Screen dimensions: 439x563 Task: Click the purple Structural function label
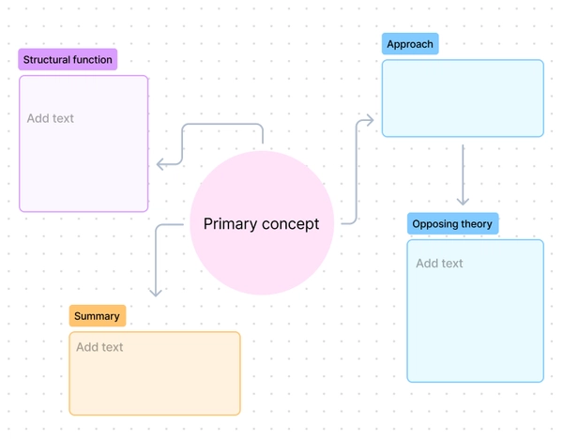(68, 60)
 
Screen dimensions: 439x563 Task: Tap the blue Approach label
(410, 44)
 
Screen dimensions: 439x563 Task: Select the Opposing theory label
(452, 224)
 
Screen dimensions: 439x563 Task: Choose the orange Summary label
(97, 316)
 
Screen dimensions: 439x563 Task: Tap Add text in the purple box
(51, 118)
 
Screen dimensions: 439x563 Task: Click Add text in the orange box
(99, 347)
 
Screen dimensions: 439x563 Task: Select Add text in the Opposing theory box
(439, 264)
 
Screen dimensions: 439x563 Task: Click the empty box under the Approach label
(463, 98)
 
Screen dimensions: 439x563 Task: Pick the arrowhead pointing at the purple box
(160, 164)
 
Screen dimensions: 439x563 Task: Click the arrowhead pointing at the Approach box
(371, 120)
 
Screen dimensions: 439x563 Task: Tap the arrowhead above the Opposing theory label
(463, 201)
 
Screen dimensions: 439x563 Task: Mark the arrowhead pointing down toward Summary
(156, 292)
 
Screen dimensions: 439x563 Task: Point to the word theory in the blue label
(475, 224)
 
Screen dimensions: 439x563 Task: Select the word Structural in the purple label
(44, 60)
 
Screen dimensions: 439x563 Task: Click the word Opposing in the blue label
(434, 224)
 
